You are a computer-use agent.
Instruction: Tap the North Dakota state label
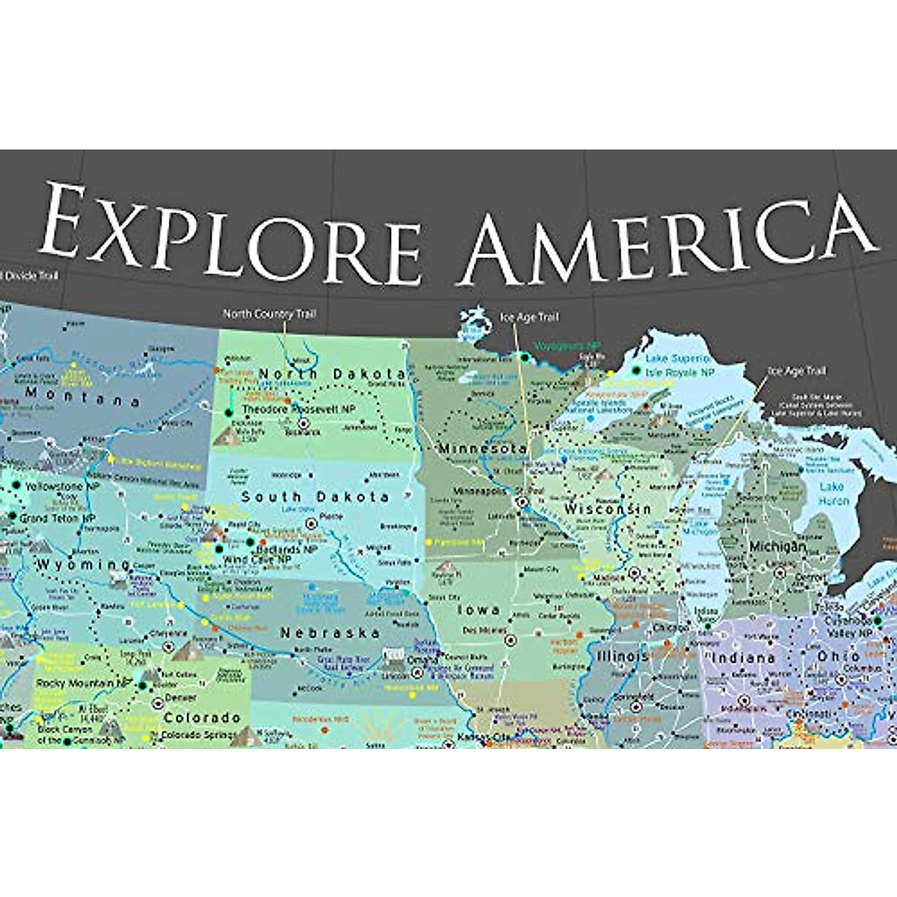(x=332, y=373)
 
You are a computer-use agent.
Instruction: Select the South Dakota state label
(x=315, y=496)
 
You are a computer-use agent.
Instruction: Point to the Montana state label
(x=82, y=396)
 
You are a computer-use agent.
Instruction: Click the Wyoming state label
(x=83, y=564)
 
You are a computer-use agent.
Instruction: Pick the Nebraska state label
(x=330, y=632)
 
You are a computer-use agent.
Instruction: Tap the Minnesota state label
(x=482, y=449)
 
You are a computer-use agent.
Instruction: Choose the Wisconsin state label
(x=607, y=509)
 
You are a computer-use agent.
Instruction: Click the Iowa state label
(x=478, y=610)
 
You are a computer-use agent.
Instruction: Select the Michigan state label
(x=777, y=546)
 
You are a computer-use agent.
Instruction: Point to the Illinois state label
(x=623, y=656)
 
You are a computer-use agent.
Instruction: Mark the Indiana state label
(x=742, y=658)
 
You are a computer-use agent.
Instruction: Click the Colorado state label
(x=202, y=718)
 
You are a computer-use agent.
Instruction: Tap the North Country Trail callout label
(x=269, y=314)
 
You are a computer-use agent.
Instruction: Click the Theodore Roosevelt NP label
(x=298, y=410)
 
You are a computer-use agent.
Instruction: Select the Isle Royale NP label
(x=679, y=372)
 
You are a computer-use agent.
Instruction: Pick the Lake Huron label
(x=831, y=493)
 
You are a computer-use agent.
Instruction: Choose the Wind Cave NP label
(x=257, y=559)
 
